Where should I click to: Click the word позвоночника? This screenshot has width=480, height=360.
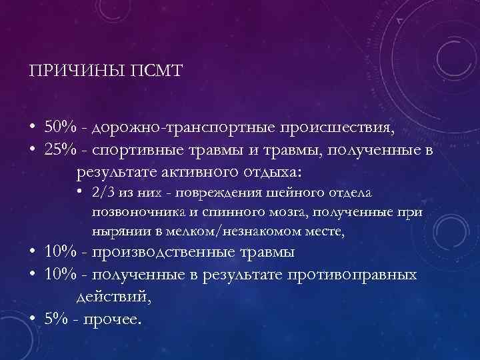tap(131, 212)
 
